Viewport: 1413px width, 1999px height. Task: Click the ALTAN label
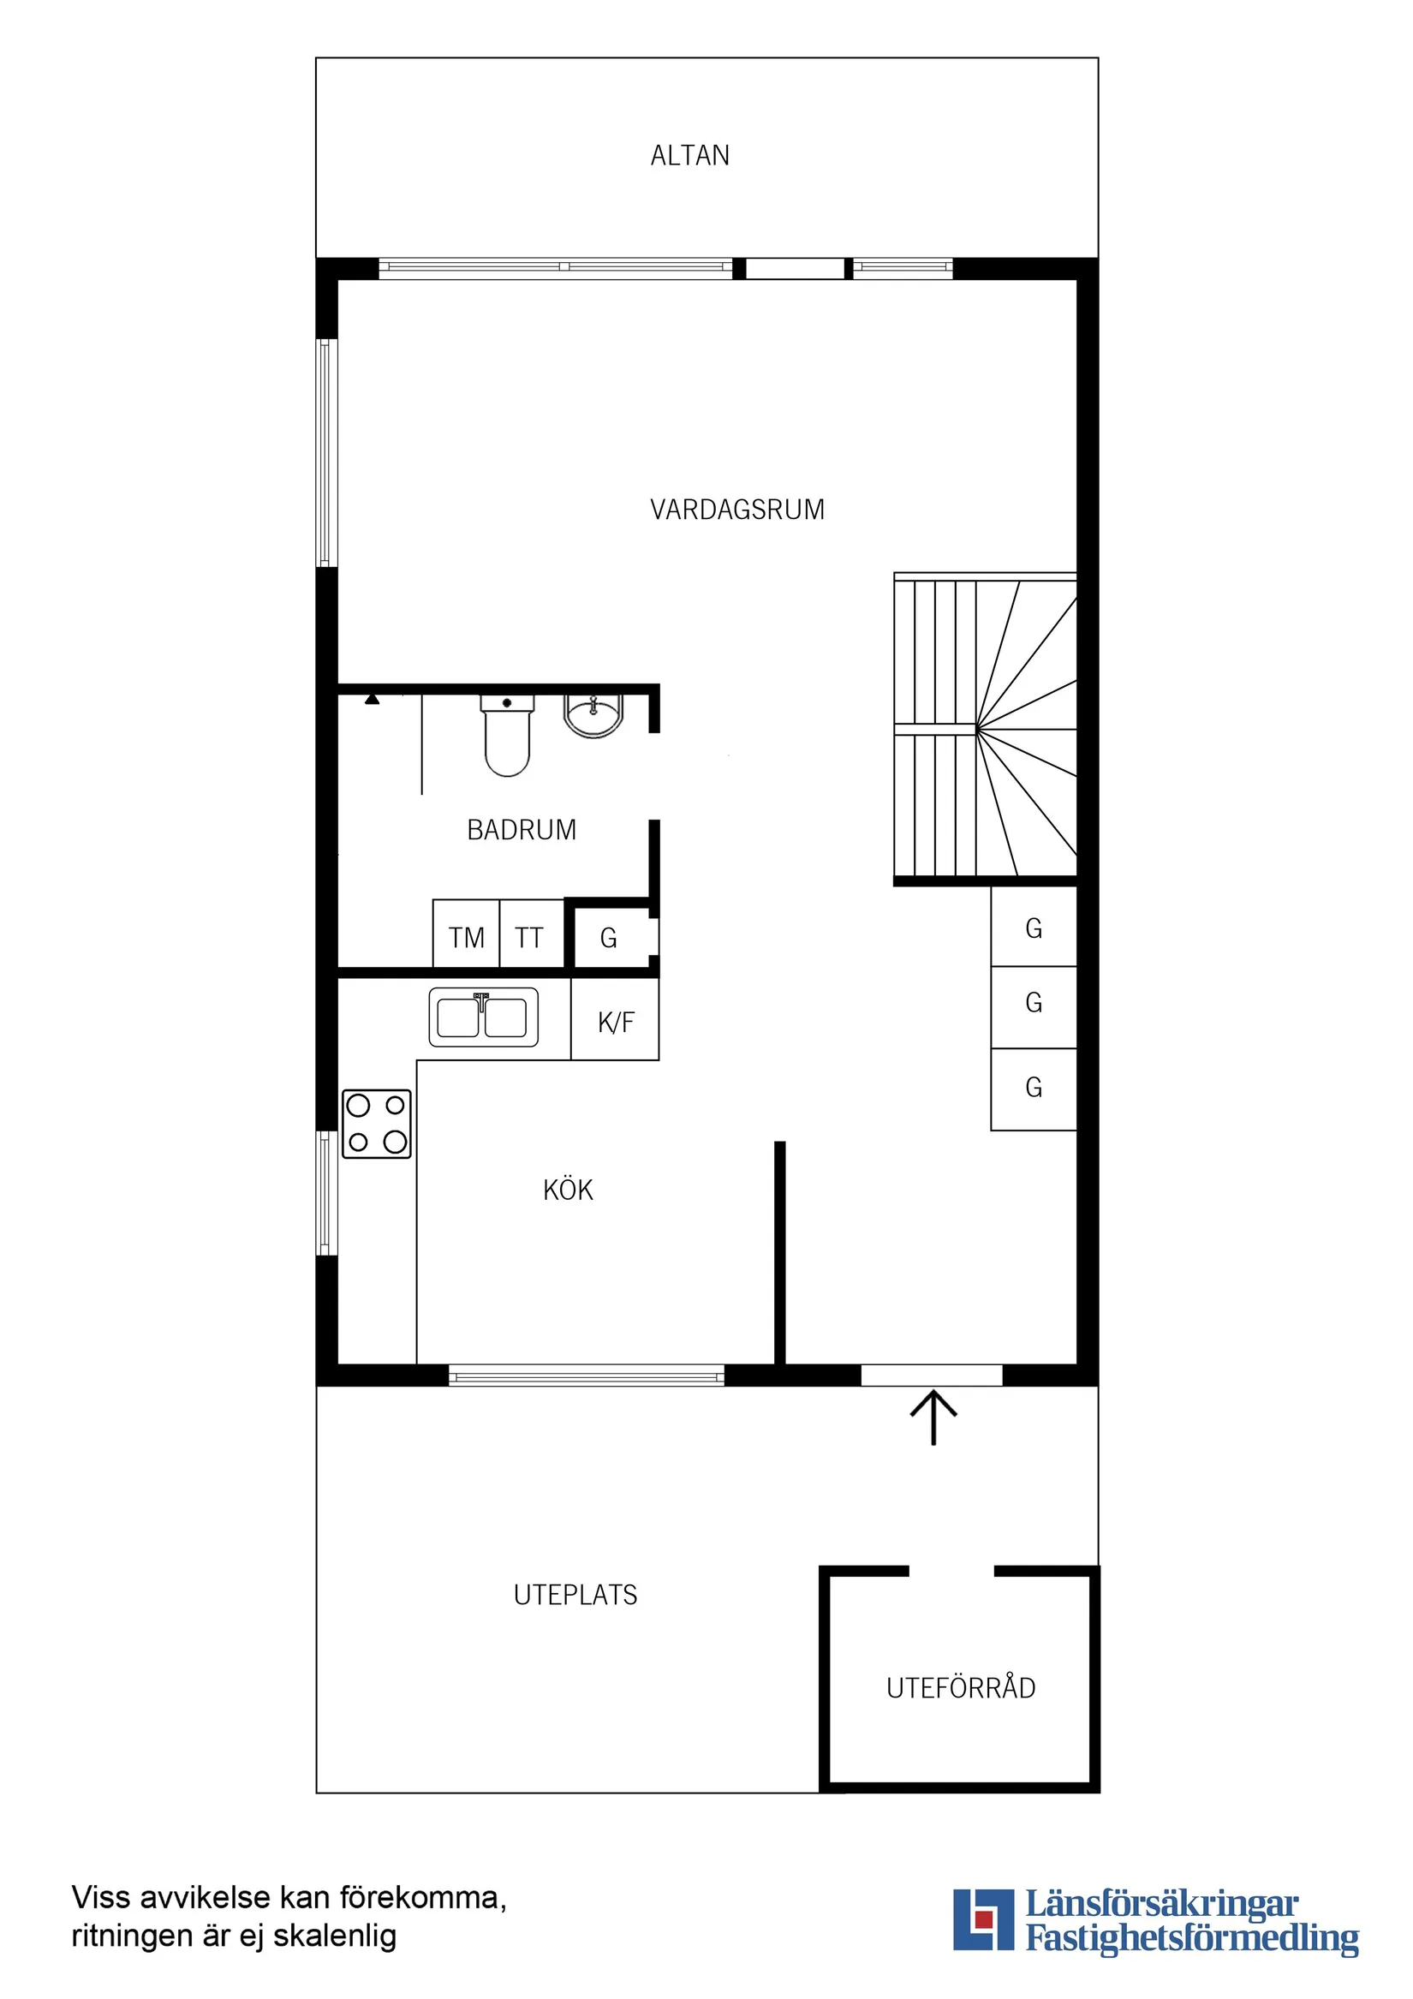[689, 156]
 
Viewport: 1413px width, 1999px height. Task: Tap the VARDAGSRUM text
[736, 510]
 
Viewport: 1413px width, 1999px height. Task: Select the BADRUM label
[521, 830]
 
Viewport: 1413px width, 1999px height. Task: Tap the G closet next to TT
[610, 938]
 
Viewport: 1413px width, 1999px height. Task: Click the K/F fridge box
[615, 1021]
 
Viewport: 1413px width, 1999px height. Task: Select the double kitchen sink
[483, 1017]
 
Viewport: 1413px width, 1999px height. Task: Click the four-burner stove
[376, 1123]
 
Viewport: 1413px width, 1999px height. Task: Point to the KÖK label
[568, 1190]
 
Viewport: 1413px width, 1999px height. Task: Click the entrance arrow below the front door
[933, 1417]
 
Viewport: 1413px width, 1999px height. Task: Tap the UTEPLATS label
[575, 1595]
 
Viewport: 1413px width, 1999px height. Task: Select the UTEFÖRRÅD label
[960, 1688]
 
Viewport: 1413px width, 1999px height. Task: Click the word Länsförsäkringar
[1161, 1904]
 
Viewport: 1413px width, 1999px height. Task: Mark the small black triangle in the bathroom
[372, 699]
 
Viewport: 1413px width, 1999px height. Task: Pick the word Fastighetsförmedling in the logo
[1191, 1939]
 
